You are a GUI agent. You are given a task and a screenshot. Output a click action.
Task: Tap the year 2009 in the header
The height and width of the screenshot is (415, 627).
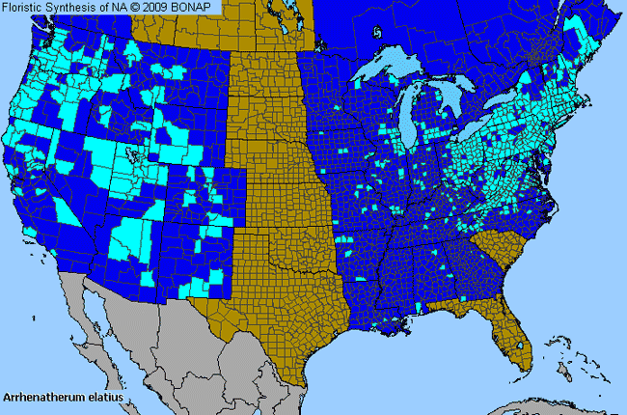166,8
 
